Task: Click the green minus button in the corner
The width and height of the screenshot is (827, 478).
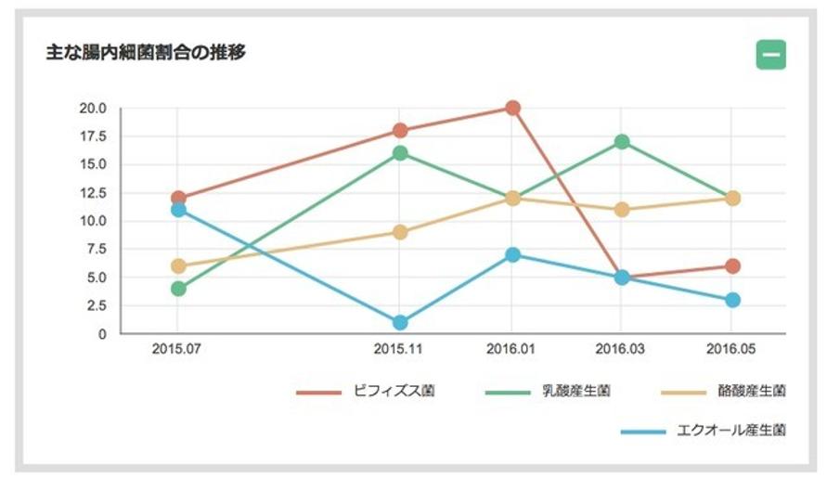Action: pos(770,55)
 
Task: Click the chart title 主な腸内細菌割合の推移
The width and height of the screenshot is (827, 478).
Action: pos(146,53)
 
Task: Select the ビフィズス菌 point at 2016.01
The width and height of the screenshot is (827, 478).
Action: pos(512,108)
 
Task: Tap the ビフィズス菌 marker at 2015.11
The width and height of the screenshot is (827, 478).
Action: pos(400,131)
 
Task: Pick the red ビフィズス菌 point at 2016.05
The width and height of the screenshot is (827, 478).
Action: pos(732,266)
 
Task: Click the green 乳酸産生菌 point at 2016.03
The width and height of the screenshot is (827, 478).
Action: pos(622,142)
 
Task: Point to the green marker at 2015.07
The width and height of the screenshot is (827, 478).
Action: pos(178,289)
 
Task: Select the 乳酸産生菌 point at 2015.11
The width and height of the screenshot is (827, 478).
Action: pos(400,153)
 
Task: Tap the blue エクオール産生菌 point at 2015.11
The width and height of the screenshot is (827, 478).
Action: pos(400,323)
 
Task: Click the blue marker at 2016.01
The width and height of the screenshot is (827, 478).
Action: pos(512,255)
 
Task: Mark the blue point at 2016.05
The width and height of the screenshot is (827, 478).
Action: pos(732,301)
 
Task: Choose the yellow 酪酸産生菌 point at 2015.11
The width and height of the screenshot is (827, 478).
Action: pos(400,232)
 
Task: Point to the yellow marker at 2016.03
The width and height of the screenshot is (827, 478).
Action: pos(622,210)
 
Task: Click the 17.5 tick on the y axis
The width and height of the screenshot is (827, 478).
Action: pos(94,136)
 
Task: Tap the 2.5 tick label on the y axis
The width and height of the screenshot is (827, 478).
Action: pos(97,305)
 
